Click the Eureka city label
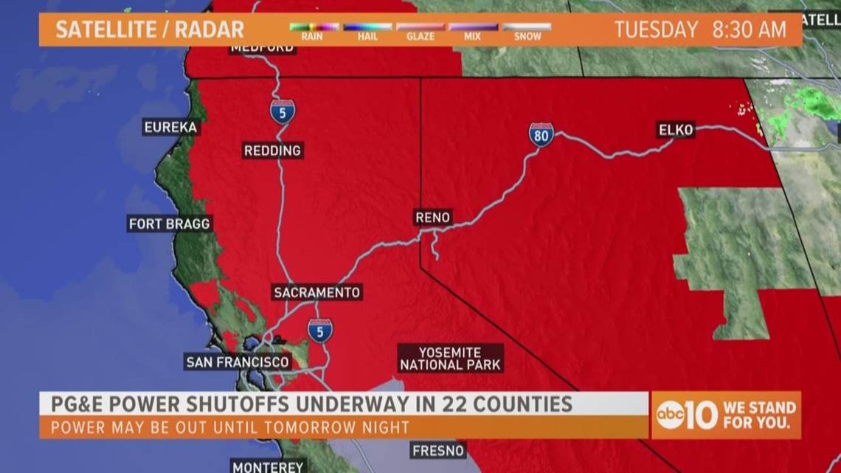pos(170,127)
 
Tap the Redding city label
pos(273,151)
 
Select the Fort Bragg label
pos(170,224)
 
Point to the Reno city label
pos(433,218)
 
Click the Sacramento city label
pos(317,292)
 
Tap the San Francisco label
pos(238,362)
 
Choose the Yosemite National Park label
pos(450,358)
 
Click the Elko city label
pos(676,131)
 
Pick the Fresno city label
pos(439,450)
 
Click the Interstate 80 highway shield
pos(541,134)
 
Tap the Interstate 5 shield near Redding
pos(283,111)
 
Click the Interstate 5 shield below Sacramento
pos(320,330)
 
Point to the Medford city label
pos(262,48)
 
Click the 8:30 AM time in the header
pos(750,30)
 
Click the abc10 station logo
pos(685,415)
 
